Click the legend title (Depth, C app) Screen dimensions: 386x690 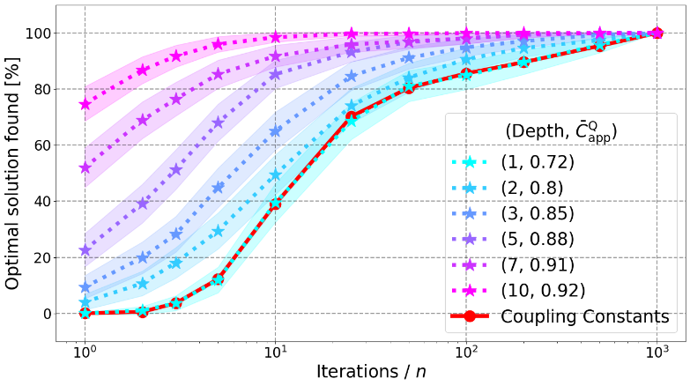coord(560,132)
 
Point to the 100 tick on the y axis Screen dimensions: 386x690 coord(41,33)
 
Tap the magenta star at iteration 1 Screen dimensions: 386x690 coord(85,104)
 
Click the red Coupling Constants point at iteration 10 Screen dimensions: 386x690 coord(276,204)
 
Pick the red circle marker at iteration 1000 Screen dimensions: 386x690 coord(657,33)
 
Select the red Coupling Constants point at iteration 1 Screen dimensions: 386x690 coord(85,313)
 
